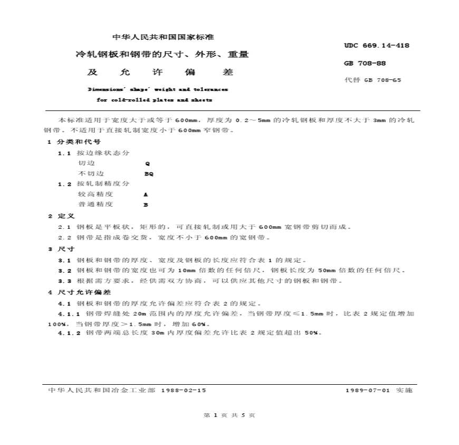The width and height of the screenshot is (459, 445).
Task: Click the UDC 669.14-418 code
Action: [377, 46]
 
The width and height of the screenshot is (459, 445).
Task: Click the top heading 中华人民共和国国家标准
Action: [164, 38]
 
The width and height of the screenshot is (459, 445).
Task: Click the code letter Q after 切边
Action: [147, 164]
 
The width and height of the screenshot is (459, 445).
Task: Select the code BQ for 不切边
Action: [149, 173]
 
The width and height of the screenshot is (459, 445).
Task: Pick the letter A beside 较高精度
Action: [146, 194]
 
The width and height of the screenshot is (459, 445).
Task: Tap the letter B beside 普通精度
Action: [146, 205]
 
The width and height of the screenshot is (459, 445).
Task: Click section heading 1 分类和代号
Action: [74, 142]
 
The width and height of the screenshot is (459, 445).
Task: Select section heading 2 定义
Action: [61, 216]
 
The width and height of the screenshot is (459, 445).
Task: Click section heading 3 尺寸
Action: [61, 249]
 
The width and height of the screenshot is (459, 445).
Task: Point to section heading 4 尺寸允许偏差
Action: [80, 292]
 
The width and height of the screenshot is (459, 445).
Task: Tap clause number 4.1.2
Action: [70, 333]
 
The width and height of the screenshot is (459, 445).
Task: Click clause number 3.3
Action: [65, 281]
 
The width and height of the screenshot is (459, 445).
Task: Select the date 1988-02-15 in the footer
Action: [183, 390]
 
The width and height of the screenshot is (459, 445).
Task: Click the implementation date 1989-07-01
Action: [367, 390]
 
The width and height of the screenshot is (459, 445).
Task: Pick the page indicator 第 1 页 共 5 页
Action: [229, 415]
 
